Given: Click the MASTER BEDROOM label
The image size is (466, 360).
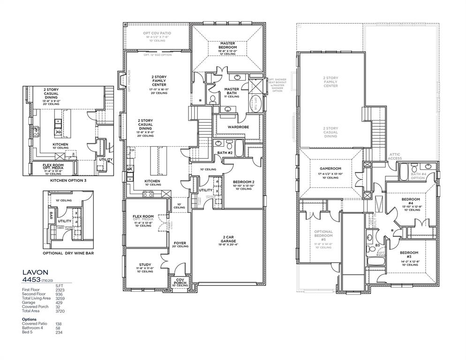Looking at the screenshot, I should (227, 45).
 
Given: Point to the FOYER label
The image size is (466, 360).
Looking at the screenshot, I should (180, 243).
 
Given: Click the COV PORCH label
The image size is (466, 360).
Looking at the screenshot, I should (180, 281).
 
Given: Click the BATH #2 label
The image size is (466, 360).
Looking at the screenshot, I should (222, 153).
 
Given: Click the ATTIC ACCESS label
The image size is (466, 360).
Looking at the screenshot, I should (394, 157).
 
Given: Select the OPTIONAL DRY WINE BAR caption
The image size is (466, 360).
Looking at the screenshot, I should (69, 253).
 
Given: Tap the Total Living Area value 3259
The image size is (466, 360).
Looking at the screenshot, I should (60, 298).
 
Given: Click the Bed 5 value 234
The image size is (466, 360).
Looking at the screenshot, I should (59, 333).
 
